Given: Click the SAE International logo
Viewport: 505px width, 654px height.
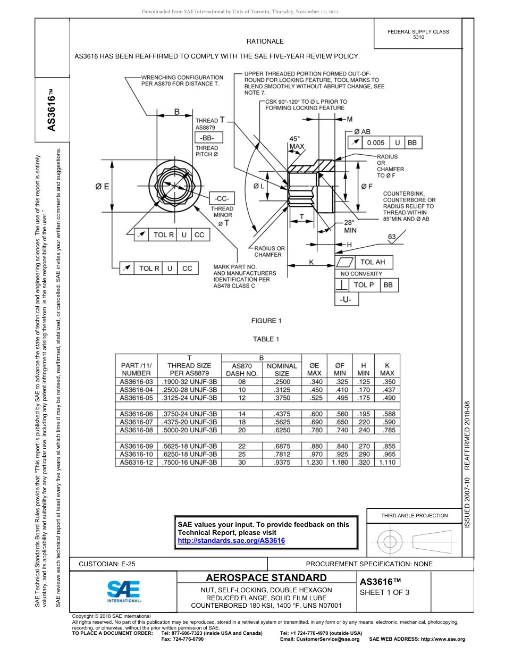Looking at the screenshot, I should tap(123, 591).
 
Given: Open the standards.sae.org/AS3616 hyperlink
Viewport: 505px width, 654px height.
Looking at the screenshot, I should tap(231, 541).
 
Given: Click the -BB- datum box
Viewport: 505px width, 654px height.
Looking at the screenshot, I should tap(208, 137).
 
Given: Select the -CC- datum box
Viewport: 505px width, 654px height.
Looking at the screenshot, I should tap(222, 198).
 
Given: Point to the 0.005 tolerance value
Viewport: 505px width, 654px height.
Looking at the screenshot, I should tap(375, 143).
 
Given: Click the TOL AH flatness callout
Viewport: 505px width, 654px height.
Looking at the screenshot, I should tap(372, 262).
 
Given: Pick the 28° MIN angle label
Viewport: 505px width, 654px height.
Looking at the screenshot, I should tap(349, 227).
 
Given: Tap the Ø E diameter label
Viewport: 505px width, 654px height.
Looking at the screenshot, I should tap(102, 186).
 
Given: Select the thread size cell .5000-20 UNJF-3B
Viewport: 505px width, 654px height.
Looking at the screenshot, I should tap(189, 430).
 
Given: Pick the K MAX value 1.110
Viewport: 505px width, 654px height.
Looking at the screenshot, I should tap(387, 463).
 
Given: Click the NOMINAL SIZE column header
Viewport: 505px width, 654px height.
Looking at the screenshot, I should tap(282, 370).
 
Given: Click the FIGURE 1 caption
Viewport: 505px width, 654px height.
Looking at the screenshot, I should tap(266, 321).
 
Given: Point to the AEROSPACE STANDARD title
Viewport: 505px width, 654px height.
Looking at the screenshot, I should tap(266, 578).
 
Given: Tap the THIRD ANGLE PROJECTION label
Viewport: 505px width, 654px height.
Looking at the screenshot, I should tap(414, 515).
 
